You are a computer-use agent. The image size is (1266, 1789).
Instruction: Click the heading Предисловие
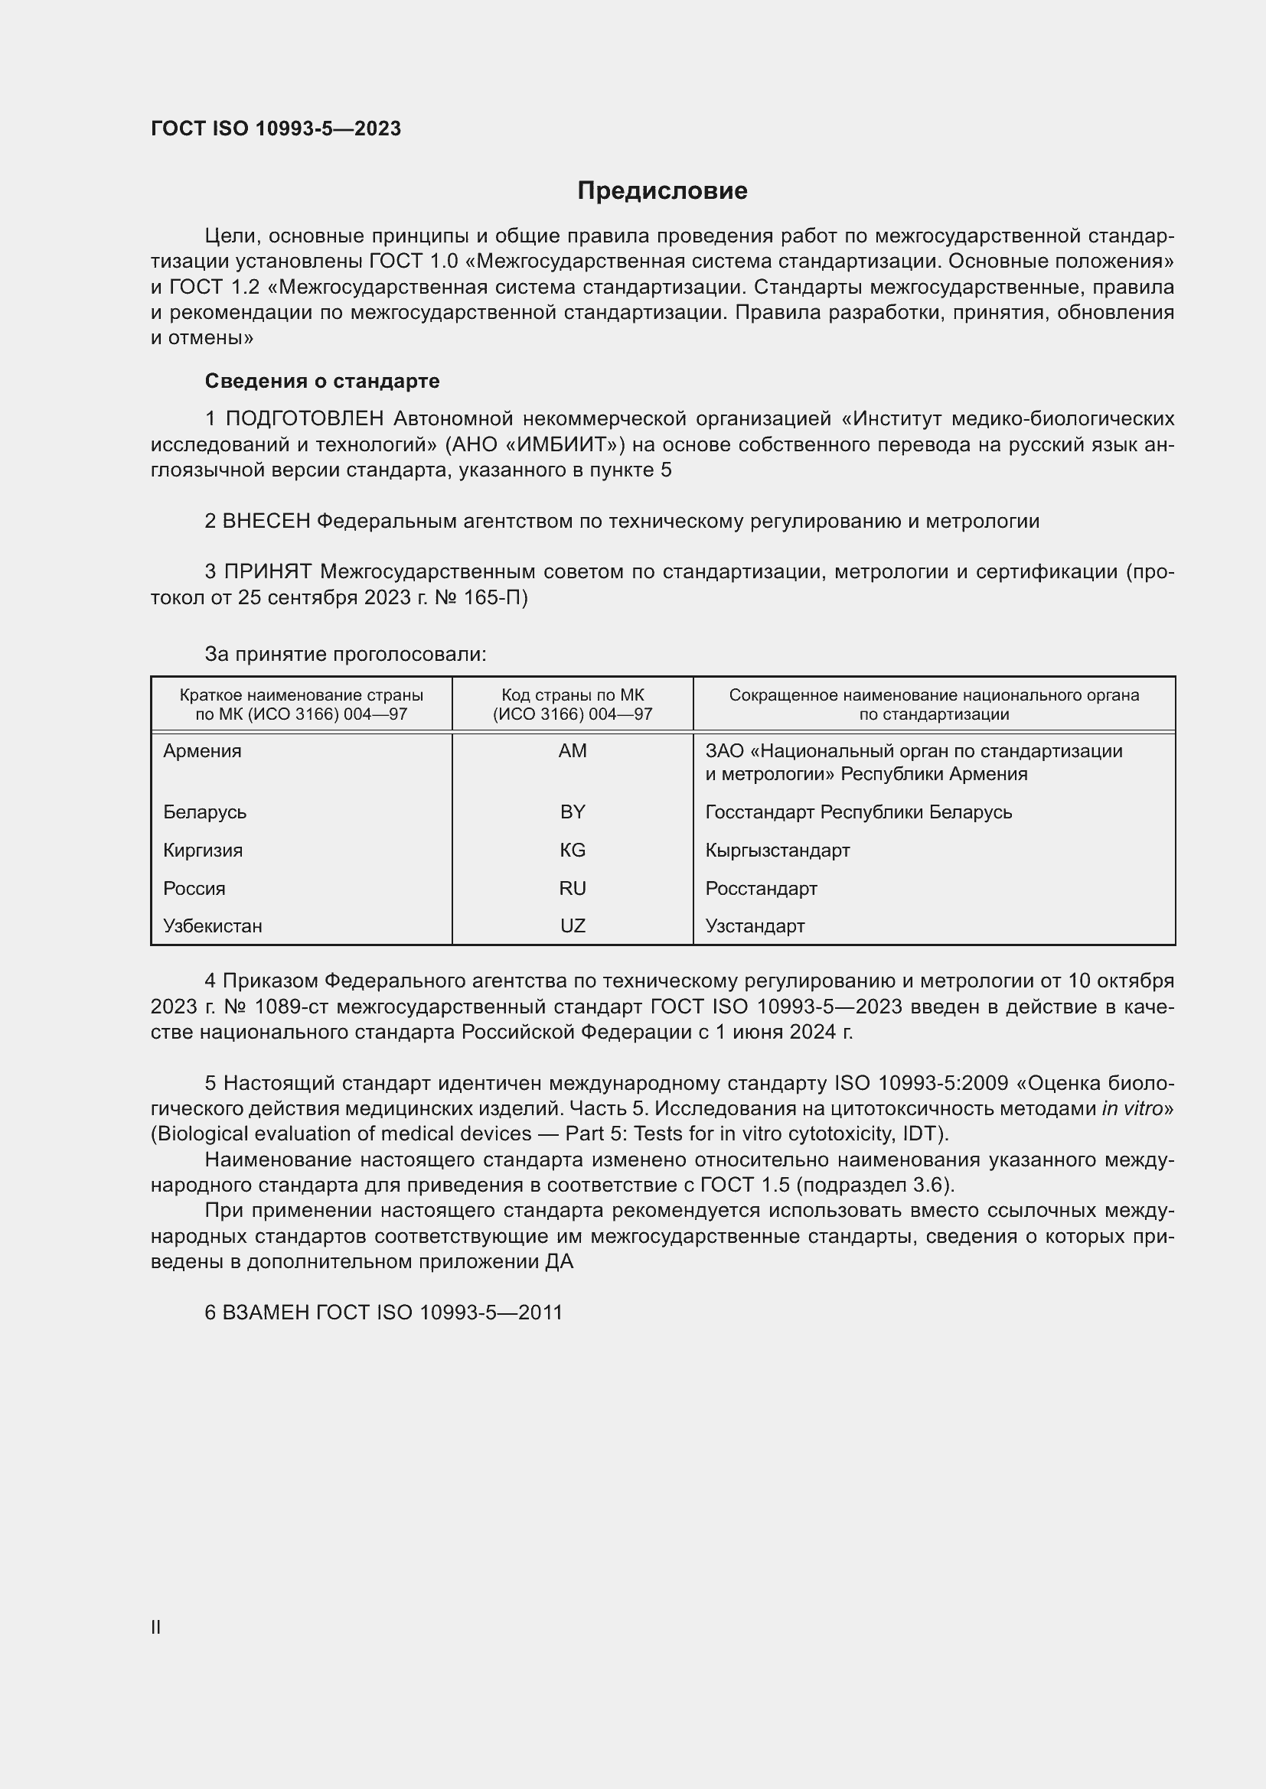[x=662, y=191]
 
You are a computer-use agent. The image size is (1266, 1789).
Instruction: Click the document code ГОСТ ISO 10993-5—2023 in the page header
[x=276, y=128]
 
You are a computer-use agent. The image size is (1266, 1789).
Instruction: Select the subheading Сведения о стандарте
[x=322, y=381]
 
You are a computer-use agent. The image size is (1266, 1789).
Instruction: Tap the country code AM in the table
[x=573, y=751]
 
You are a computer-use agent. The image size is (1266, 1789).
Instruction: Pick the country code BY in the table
[x=573, y=812]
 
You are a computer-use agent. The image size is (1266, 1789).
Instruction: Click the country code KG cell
[x=573, y=850]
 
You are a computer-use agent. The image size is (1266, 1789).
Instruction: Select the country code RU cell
[x=573, y=888]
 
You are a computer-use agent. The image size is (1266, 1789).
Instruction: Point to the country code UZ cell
[x=573, y=926]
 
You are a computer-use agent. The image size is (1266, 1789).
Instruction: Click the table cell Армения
[x=203, y=751]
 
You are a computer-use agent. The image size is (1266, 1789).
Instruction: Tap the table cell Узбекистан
[x=213, y=926]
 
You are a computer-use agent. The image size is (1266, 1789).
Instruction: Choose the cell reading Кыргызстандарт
[x=777, y=850]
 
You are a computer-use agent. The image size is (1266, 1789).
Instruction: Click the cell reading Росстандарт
[x=761, y=888]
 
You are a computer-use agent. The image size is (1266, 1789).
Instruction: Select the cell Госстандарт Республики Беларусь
[x=858, y=812]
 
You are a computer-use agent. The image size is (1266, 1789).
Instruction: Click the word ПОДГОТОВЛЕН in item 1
[x=305, y=419]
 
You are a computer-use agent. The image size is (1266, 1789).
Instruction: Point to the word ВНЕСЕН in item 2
[x=266, y=522]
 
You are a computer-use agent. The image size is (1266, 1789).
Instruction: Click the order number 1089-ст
[x=282, y=1007]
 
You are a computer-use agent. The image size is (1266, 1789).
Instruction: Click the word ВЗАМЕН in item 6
[x=266, y=1313]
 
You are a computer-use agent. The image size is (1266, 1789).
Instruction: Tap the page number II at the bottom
[x=156, y=1627]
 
